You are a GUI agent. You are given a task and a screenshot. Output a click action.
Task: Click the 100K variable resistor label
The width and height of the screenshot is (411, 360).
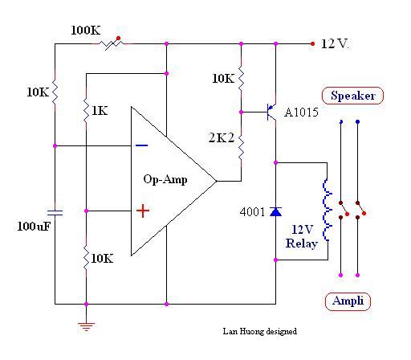point(86,31)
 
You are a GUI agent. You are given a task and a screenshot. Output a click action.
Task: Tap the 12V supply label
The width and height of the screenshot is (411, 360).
point(335,43)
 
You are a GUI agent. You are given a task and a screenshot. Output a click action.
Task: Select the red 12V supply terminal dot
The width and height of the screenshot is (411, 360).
point(312,43)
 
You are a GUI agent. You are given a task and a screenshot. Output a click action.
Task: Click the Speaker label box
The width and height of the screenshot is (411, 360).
point(352,96)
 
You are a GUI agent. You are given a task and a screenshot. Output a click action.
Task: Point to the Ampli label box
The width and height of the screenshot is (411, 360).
point(348,301)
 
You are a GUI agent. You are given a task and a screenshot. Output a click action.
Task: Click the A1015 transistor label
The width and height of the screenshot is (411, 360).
point(301,112)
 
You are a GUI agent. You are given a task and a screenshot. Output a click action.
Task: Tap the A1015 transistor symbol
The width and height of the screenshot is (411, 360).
point(271,112)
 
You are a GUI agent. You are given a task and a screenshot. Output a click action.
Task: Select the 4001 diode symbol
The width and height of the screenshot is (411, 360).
point(275,211)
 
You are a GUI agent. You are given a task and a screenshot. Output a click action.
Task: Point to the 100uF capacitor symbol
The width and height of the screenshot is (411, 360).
point(55,213)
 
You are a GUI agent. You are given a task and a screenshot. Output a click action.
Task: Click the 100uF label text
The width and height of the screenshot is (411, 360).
point(34,227)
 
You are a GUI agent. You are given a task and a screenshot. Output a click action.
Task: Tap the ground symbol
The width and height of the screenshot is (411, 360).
point(86,327)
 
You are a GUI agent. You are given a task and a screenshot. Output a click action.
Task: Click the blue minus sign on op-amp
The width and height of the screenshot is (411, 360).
point(142,145)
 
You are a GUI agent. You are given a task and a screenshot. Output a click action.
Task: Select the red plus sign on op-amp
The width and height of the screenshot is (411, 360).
point(143,211)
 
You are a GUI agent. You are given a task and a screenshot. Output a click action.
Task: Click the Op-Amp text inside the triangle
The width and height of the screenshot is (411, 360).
point(165,179)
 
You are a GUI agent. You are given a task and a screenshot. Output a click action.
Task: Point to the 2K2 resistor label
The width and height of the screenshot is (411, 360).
point(222,137)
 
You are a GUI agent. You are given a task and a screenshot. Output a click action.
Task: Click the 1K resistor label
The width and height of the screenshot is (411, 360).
point(100,111)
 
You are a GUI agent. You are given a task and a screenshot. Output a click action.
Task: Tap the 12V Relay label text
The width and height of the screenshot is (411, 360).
point(302,236)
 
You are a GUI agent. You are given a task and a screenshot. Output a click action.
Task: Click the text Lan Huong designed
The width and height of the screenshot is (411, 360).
point(260,332)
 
